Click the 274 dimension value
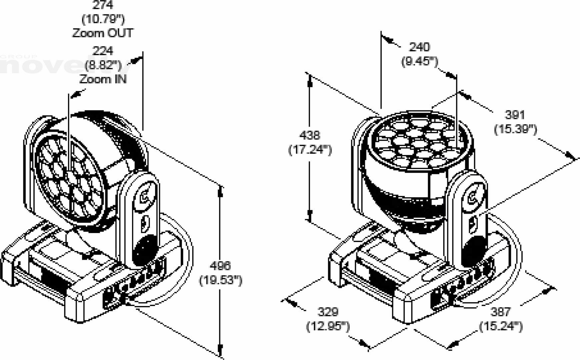pyautogui.click(x=103, y=5)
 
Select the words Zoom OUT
pyautogui.click(x=103, y=33)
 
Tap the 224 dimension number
pyautogui.click(x=103, y=51)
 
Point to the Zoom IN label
pyautogui.click(x=103, y=79)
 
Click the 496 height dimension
pyautogui.click(x=220, y=266)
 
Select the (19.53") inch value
pyautogui.click(x=220, y=280)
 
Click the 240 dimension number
pyautogui.click(x=419, y=47)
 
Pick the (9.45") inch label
pyautogui.click(x=419, y=61)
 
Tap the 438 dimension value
pyautogui.click(x=310, y=135)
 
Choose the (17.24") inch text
pyautogui.click(x=310, y=150)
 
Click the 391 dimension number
pyautogui.click(x=515, y=115)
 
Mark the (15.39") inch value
pyautogui.click(x=515, y=129)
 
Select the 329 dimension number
pyautogui.click(x=328, y=312)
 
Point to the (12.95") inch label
pyautogui.click(x=328, y=326)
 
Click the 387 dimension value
pyautogui.click(x=500, y=312)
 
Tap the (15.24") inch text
pyautogui.click(x=500, y=326)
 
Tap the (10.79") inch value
pyautogui.click(x=103, y=19)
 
